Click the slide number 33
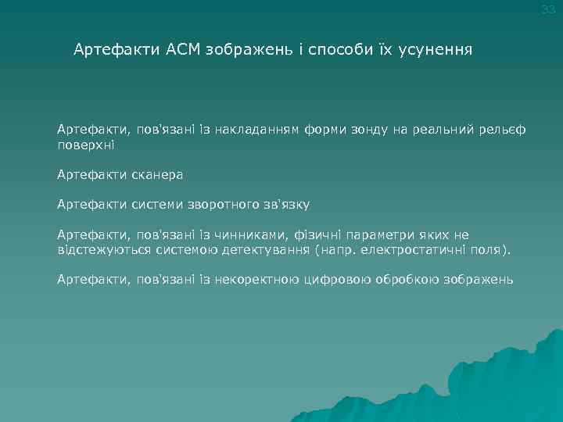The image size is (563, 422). pos(548,9)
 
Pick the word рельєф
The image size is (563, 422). pos(504,128)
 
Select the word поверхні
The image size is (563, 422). pos(85,145)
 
